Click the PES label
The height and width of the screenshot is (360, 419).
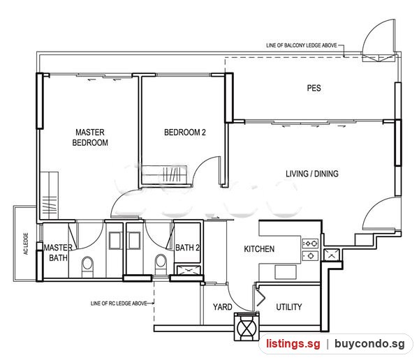tap(314, 88)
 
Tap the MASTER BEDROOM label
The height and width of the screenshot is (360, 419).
tap(90, 137)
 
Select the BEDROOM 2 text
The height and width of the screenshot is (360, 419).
tap(185, 132)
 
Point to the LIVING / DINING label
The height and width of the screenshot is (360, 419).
tap(312, 174)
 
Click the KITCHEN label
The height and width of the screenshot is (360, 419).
tap(259, 249)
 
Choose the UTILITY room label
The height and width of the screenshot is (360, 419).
tap(289, 307)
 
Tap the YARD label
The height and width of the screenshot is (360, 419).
tap(222, 307)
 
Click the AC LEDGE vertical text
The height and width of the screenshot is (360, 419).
tap(26, 243)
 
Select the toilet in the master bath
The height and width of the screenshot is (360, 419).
tap(87, 267)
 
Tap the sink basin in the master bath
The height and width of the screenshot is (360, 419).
tap(115, 241)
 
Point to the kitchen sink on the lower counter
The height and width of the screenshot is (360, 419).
tap(286, 272)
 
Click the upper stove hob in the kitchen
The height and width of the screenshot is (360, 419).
tap(310, 243)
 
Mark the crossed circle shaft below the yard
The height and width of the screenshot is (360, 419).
tap(247, 327)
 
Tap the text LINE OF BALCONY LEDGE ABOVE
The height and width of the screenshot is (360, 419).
tap(302, 45)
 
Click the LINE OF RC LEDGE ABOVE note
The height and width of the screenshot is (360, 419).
tap(119, 303)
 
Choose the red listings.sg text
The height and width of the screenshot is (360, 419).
tap(293, 344)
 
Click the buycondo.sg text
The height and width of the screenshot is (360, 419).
tap(369, 344)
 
